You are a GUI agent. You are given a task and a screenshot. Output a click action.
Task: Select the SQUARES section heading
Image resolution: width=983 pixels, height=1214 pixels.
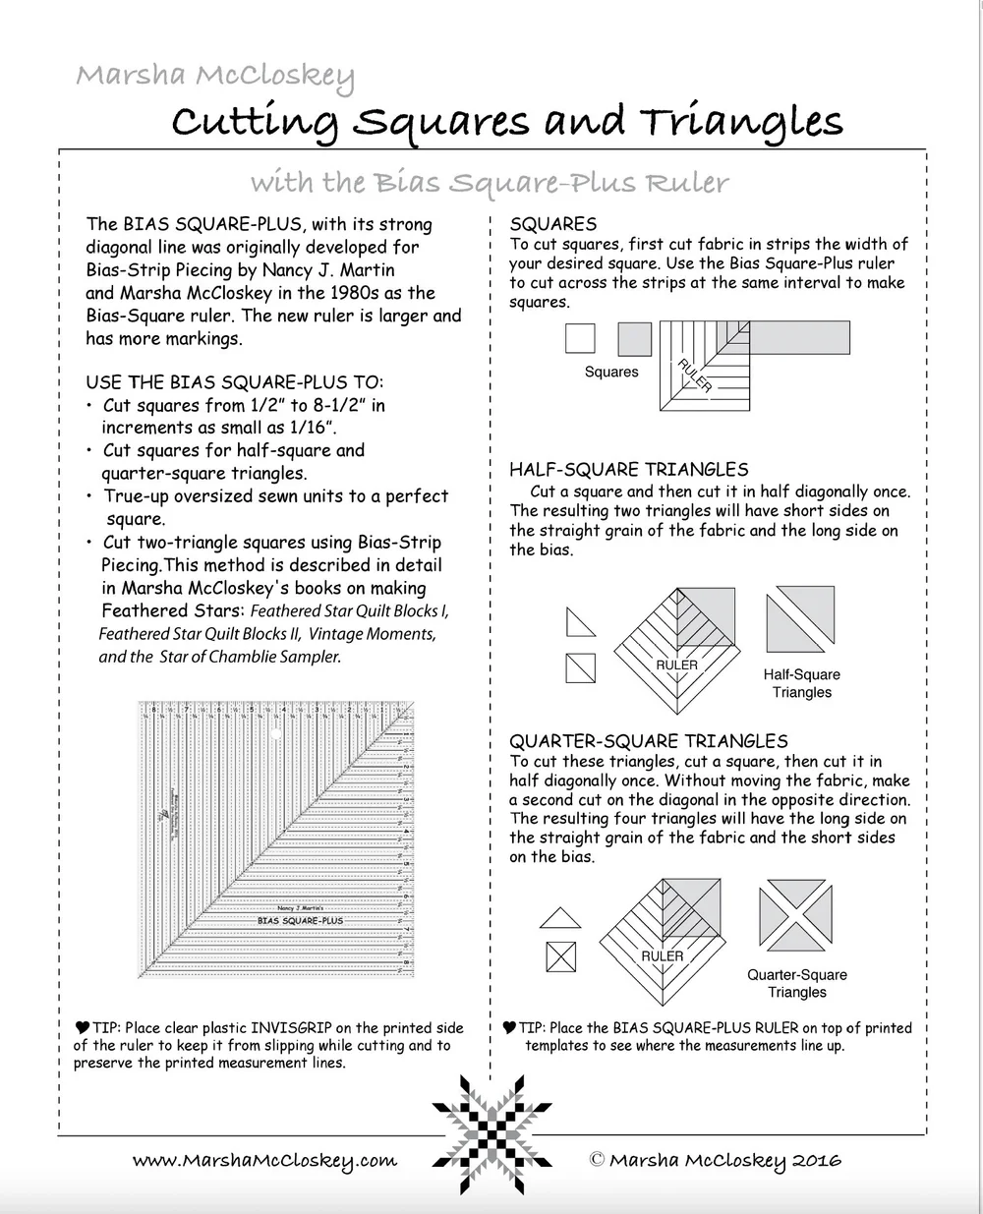(x=553, y=224)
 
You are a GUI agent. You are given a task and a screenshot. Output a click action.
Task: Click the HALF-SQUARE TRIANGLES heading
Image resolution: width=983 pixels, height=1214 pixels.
(x=628, y=470)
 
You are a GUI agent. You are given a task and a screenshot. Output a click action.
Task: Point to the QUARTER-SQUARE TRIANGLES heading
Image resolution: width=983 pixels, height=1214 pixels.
(x=649, y=741)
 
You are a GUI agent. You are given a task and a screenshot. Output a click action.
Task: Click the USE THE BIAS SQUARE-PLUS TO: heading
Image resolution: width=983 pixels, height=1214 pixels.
(x=234, y=382)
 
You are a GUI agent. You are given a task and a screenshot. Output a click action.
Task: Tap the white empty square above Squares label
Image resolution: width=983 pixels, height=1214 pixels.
(x=580, y=339)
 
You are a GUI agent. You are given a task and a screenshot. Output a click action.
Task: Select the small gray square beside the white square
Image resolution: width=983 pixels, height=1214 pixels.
(x=634, y=339)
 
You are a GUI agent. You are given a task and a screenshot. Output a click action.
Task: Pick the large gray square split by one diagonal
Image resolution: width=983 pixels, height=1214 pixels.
(x=801, y=619)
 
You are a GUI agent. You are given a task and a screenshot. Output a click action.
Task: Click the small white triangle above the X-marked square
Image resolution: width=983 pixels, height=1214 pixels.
(x=560, y=918)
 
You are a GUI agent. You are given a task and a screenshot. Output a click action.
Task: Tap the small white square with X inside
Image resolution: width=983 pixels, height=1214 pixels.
(x=560, y=956)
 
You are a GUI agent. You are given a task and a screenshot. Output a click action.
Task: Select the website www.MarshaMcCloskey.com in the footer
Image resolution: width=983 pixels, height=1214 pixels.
(x=264, y=1161)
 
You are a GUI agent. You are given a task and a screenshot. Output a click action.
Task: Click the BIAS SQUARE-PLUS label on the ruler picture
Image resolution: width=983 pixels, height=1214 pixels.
(x=300, y=921)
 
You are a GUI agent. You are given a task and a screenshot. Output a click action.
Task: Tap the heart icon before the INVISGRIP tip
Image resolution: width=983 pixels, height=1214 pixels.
(x=82, y=1028)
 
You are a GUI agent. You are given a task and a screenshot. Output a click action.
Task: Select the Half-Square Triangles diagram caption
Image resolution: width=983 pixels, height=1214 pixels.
(x=801, y=683)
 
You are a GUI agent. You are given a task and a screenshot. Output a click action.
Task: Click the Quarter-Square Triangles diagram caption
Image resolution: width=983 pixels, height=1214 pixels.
(x=796, y=983)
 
